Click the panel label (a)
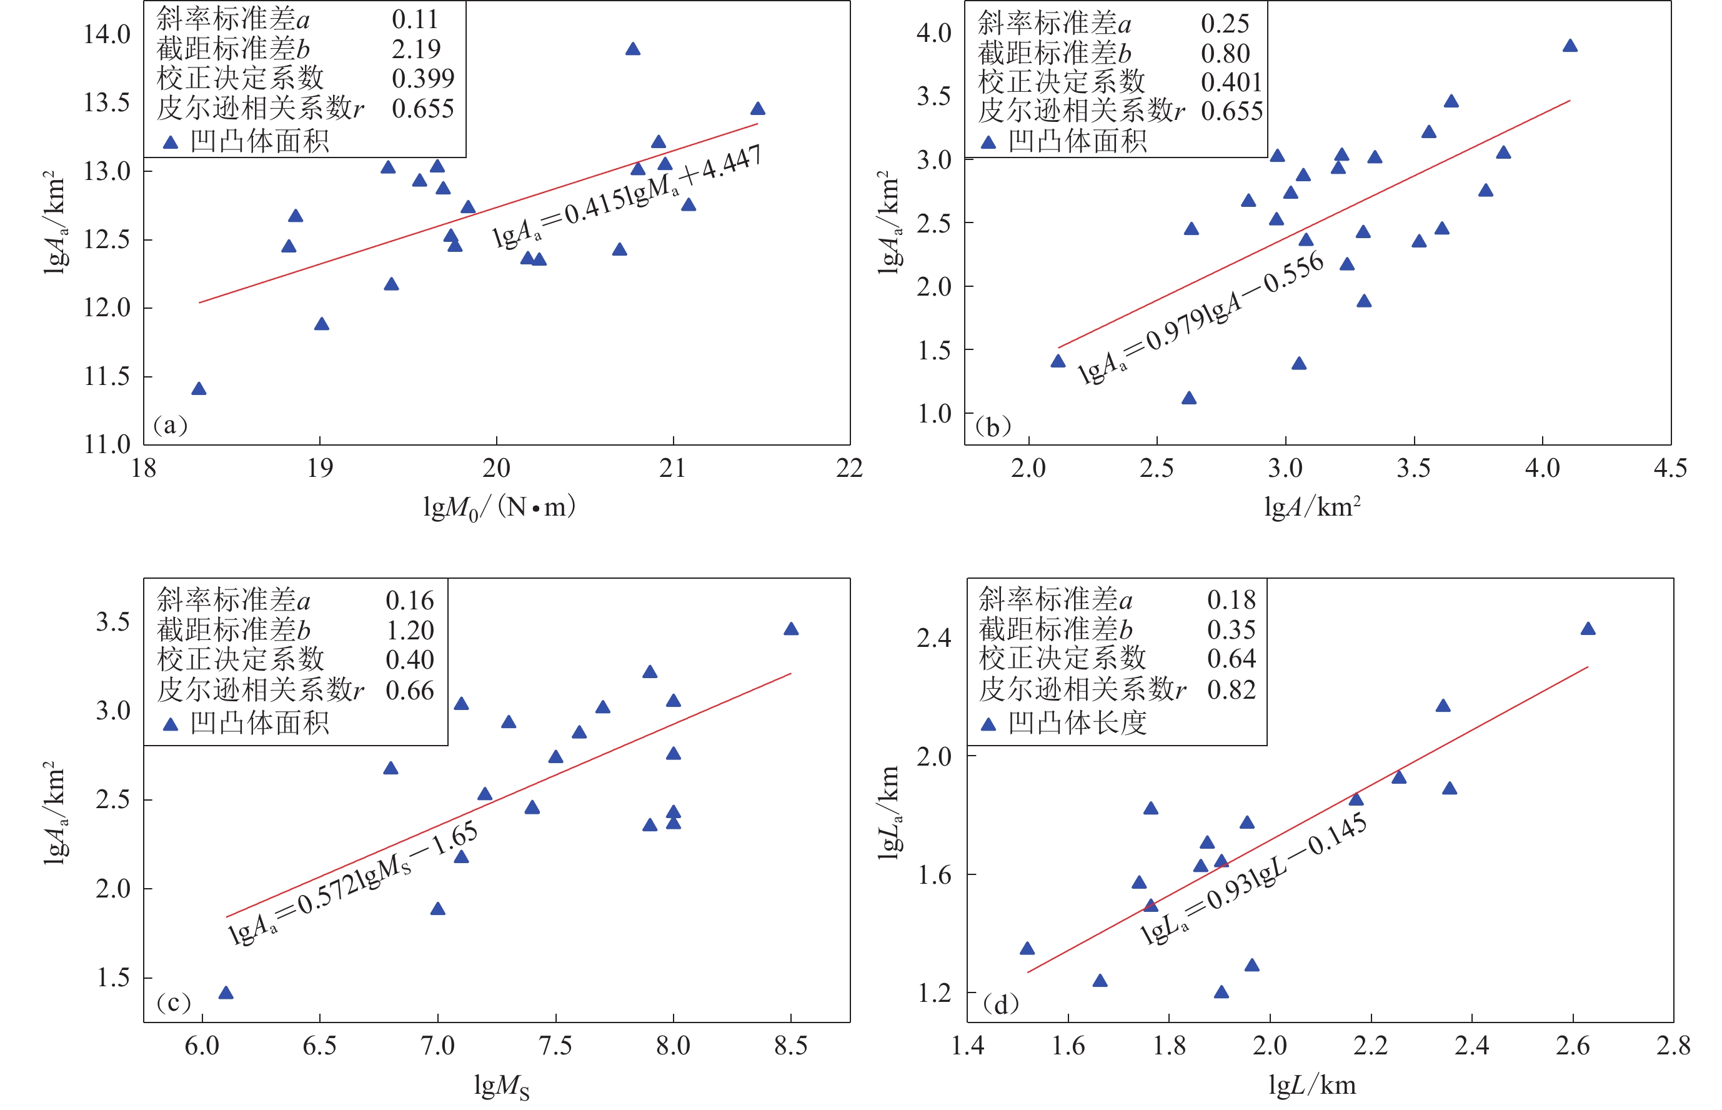[170, 425]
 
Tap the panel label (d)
[1001, 1003]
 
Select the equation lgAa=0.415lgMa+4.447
[626, 197]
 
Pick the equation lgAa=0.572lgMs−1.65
[353, 884]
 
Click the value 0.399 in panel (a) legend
[423, 78]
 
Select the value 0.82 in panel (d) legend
[1232, 690]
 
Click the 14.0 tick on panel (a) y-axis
[107, 34]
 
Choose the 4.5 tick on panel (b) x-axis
[1670, 469]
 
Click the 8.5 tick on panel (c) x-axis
[790, 1046]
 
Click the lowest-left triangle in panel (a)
[199, 389]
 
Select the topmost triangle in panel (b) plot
[1570, 46]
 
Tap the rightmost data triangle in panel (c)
[791, 629]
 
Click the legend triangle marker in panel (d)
[988, 724]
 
